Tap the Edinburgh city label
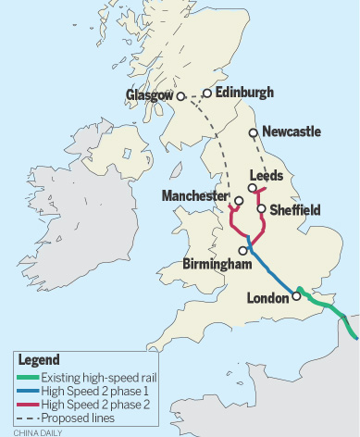pyautogui.click(x=243, y=93)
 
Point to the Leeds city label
pyautogui.click(x=267, y=174)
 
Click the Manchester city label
pyautogui.click(x=193, y=195)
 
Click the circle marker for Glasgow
pyautogui.click(x=181, y=94)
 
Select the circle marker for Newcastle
pyautogui.click(x=254, y=131)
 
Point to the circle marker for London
pyautogui.click(x=296, y=296)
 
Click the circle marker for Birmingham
pyautogui.click(x=243, y=250)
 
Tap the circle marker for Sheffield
pyautogui.click(x=261, y=209)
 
